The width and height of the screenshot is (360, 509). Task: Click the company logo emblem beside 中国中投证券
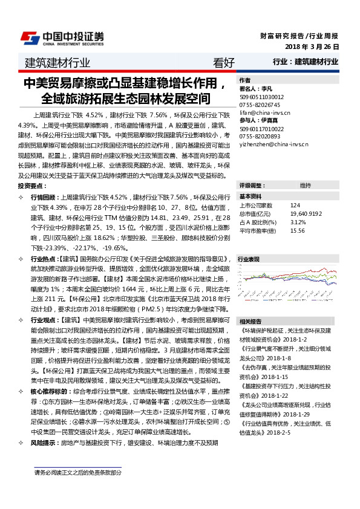tap(30, 38)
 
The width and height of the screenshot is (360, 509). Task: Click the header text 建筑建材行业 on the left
tap(57, 62)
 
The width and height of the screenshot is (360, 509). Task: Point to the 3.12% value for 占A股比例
tap(298, 222)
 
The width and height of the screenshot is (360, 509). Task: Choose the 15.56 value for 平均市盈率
tap(297, 230)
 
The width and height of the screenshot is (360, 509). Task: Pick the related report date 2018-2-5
tap(278, 433)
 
